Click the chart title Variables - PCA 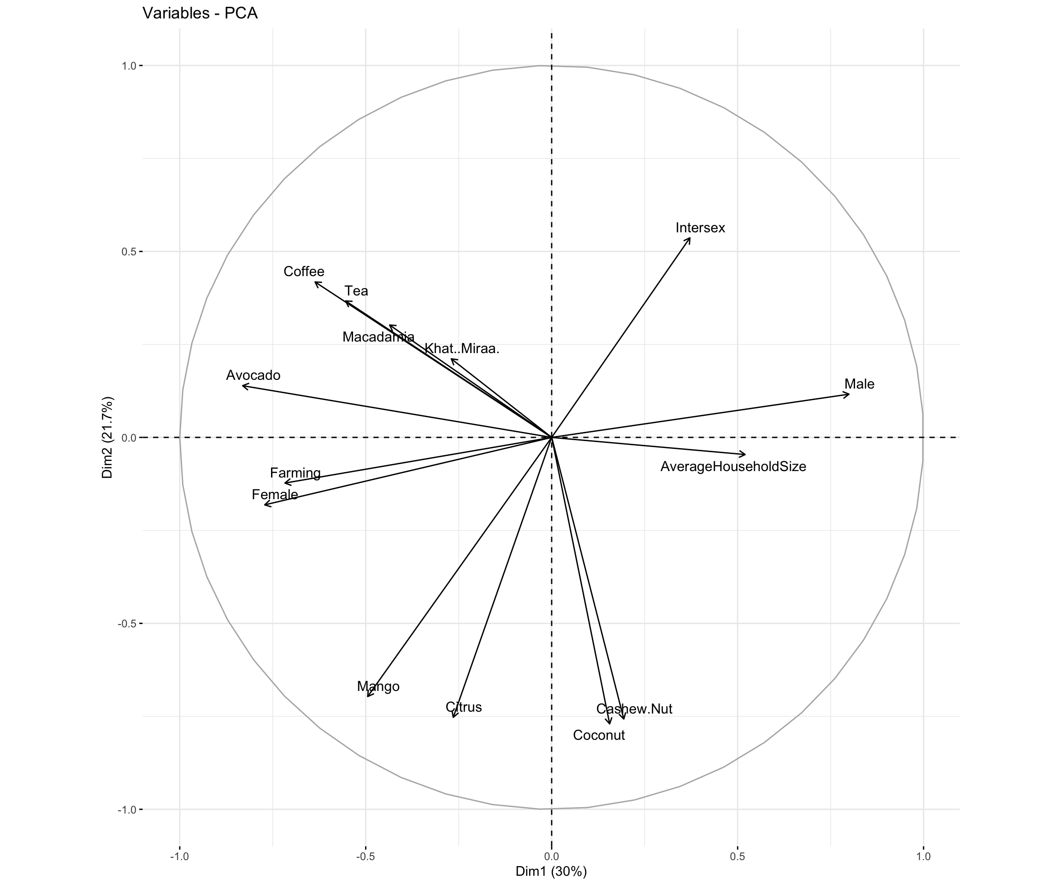(x=200, y=13)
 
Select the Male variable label (x=859, y=384)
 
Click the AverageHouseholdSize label (x=733, y=466)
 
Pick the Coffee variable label (x=303, y=271)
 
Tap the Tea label (x=356, y=291)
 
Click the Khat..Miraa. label (x=462, y=348)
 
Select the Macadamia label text (x=378, y=337)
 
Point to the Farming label (x=295, y=473)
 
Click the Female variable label (x=275, y=494)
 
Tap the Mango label (x=378, y=686)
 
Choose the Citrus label (x=463, y=707)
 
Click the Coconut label (x=599, y=735)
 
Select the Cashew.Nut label (x=634, y=709)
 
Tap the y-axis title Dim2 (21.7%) (x=107, y=437)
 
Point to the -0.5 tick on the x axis (x=365, y=857)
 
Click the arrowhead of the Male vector (x=849, y=394)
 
